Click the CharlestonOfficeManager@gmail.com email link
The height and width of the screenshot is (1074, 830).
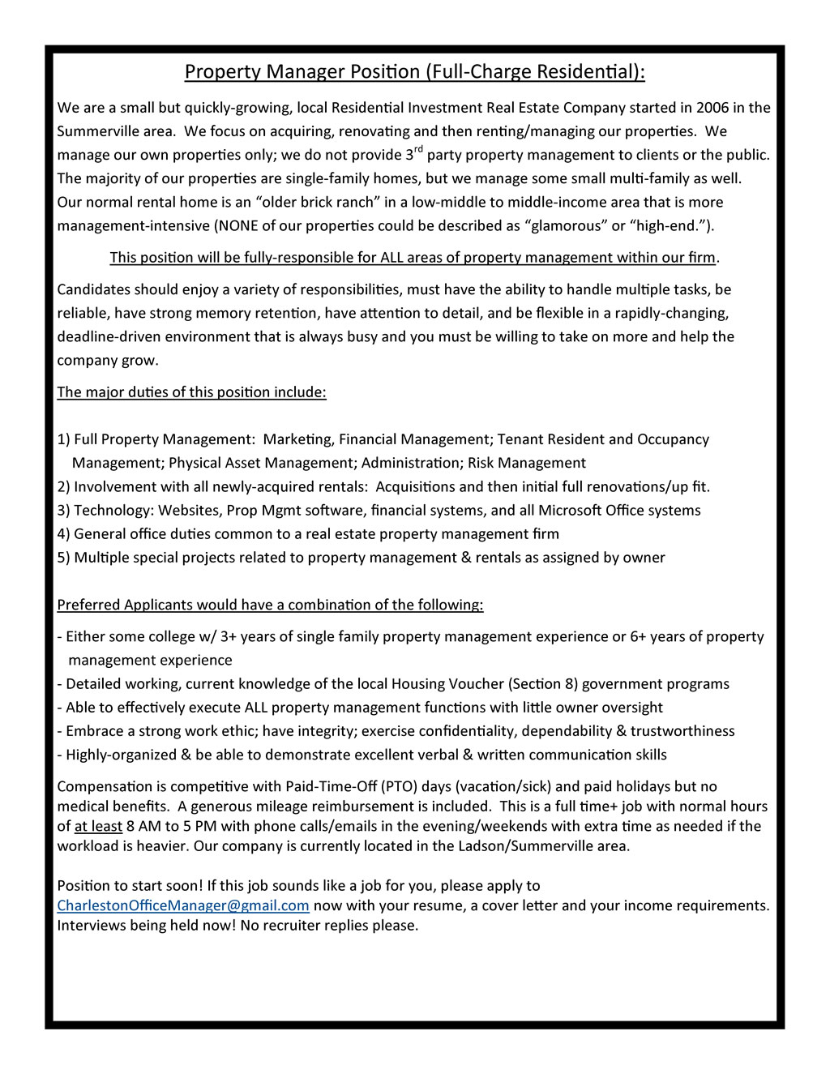coord(183,905)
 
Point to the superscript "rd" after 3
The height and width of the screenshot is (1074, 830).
coord(418,149)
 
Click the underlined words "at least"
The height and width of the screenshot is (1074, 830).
coord(98,826)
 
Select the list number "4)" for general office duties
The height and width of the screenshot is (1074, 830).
coord(64,534)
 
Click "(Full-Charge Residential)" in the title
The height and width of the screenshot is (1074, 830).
coord(536,72)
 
